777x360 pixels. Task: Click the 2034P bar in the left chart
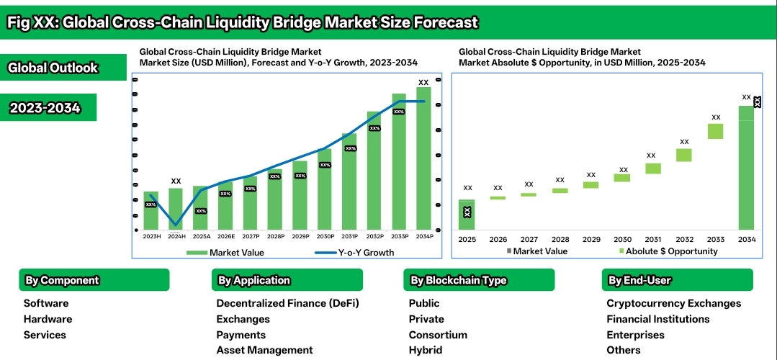423,158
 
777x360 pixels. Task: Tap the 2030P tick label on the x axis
325,236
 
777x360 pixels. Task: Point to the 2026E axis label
225,236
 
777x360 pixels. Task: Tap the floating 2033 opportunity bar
715,131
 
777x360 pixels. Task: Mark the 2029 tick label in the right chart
590,239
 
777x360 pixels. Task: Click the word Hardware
48,319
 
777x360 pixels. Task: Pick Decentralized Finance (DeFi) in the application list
287,303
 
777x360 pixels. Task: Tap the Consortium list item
438,335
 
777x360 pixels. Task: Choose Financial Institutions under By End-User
658,319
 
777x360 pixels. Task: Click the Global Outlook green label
53,68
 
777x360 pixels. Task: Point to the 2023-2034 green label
44,108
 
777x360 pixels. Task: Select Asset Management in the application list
265,350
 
